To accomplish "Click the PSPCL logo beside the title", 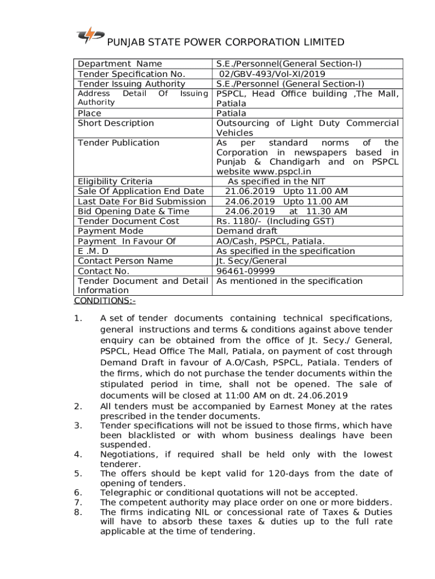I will point(90,36).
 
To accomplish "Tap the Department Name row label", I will point(120,64).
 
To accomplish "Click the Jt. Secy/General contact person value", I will point(251,261).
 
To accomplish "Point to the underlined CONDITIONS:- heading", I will point(105,300).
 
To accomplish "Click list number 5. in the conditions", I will point(79,473).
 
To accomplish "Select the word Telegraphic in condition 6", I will point(126,492).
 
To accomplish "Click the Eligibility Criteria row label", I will point(115,182).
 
